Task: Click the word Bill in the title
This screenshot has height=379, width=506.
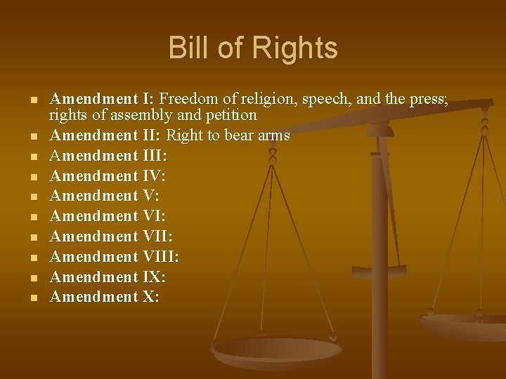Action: click(189, 48)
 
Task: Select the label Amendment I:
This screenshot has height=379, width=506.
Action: click(103, 100)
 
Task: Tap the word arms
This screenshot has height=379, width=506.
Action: click(273, 135)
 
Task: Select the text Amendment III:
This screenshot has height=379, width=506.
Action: click(108, 155)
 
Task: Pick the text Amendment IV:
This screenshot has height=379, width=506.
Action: click(108, 175)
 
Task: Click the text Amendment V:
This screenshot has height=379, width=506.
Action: click(104, 196)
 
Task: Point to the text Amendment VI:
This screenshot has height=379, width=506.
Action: click(108, 215)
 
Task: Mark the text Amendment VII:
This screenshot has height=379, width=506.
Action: click(110, 236)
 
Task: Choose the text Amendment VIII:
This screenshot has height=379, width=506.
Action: click(114, 256)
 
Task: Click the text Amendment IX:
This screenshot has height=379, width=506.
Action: click(108, 277)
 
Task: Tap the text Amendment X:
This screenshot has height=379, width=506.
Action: click(105, 297)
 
